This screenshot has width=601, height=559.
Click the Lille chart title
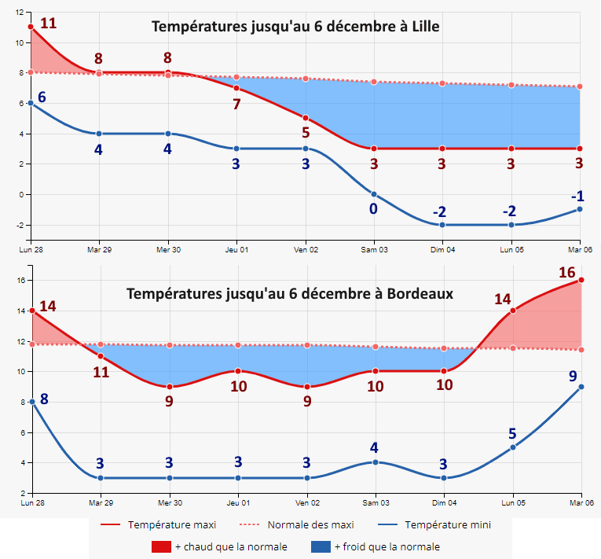click(295, 27)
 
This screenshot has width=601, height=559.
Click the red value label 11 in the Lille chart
click(48, 22)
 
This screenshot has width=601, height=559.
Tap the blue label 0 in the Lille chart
click(373, 208)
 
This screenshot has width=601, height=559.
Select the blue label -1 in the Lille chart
click(577, 196)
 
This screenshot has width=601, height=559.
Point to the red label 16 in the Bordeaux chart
click(567, 273)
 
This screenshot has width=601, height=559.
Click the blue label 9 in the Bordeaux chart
click(574, 376)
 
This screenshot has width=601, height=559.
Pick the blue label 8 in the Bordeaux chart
click(44, 399)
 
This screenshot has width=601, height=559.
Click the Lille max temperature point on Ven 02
click(306, 118)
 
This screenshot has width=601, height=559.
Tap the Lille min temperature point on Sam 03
click(374, 194)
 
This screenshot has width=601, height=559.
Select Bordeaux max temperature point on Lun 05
click(513, 310)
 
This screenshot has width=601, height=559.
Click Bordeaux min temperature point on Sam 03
click(376, 462)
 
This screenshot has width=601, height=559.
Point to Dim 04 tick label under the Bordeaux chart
click(444, 502)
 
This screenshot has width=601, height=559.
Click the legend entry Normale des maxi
click(310, 524)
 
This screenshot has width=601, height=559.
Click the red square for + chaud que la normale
click(161, 546)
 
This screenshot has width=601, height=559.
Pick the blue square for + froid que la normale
click(321, 546)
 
